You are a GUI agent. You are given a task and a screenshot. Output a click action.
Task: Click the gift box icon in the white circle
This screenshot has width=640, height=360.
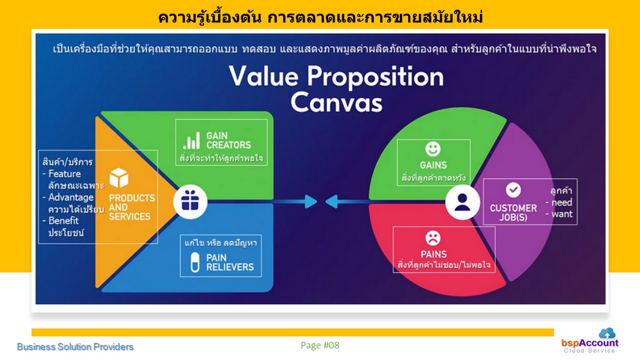tap(190, 202)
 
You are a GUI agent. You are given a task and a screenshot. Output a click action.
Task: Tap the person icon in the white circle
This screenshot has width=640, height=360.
tap(462, 202)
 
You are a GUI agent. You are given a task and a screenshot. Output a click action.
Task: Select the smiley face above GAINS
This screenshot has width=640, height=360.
tap(432, 149)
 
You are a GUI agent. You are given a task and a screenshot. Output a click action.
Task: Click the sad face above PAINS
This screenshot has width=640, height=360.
tap(432, 238)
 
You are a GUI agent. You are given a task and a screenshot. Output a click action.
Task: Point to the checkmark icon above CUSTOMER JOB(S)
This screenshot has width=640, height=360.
tap(513, 190)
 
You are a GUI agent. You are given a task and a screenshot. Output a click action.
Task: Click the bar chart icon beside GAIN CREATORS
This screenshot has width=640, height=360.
tap(191, 141)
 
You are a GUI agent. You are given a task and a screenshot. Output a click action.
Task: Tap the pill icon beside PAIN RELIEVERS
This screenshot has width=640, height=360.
tap(195, 262)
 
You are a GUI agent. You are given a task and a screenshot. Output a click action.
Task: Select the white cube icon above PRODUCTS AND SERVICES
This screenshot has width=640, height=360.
tap(119, 178)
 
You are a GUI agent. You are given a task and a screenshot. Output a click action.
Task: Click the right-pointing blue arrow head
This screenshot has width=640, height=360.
tap(311, 201)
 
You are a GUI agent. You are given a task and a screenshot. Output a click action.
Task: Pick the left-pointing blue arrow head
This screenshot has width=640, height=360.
tap(331, 201)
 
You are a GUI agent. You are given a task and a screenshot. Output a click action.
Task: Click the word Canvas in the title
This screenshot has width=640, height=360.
tap(336, 102)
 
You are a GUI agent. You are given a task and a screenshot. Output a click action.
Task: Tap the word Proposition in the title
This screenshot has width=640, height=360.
tap(375, 77)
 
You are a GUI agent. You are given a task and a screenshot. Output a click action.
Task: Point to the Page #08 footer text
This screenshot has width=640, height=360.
tap(320, 345)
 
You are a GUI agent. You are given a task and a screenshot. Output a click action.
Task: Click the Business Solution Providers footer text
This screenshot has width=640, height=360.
tap(75, 347)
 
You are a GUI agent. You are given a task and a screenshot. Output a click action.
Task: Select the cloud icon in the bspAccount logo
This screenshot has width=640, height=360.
tap(607, 333)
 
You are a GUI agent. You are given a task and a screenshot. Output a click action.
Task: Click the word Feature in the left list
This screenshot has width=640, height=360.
tap(64, 174)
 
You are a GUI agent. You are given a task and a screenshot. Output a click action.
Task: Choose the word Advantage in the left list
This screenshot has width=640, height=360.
tap(71, 197)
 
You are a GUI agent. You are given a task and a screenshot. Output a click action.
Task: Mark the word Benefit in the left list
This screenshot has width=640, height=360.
tap(64, 221)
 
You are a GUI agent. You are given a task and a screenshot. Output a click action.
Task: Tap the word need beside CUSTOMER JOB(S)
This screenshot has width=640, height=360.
tap(562, 202)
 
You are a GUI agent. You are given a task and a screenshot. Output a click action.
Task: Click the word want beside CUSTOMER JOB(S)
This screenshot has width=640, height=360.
tap(562, 214)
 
